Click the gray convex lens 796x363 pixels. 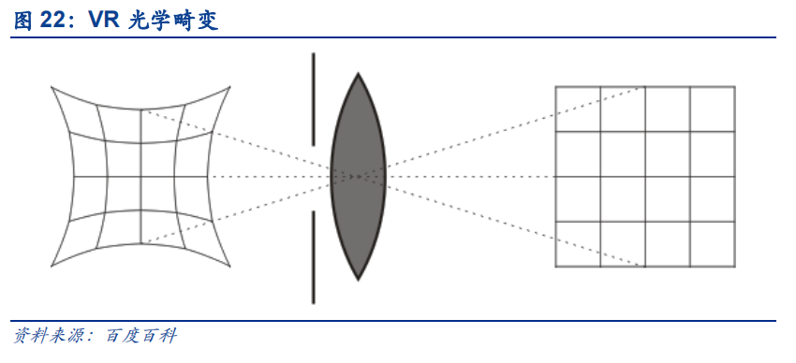pyautogui.click(x=358, y=177)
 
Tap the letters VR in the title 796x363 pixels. pyautogui.click(x=105, y=21)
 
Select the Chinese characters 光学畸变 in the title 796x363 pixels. pyautogui.click(x=173, y=21)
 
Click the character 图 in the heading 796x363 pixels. pyautogui.click(x=23, y=21)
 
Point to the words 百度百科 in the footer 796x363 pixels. pyautogui.click(x=141, y=336)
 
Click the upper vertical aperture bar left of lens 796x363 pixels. pyautogui.click(x=313, y=99)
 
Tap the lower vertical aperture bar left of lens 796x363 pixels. pyautogui.click(x=313, y=257)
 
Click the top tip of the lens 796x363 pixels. pyautogui.click(x=358, y=74)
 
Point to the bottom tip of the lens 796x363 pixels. pyautogui.click(x=358, y=280)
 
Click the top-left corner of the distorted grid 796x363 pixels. pyautogui.click(x=52, y=87)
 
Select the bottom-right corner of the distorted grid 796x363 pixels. pyautogui.click(x=230, y=266)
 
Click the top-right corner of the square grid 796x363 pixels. pyautogui.click(x=734, y=87)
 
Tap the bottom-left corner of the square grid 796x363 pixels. pyautogui.click(x=555, y=267)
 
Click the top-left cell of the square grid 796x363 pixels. pyautogui.click(x=578, y=109)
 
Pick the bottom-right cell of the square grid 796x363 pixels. pyautogui.click(x=713, y=244)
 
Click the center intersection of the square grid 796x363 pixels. pyautogui.click(x=645, y=177)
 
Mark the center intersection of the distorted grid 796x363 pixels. pyautogui.click(x=140, y=177)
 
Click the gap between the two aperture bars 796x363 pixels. pyautogui.click(x=313, y=178)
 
